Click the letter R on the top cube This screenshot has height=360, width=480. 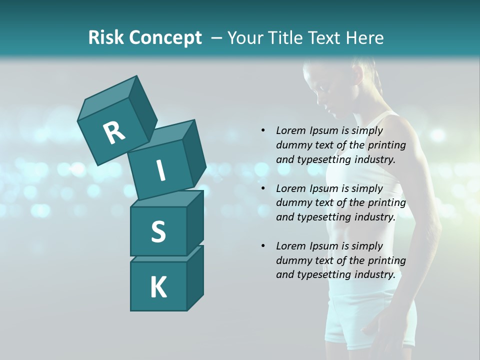coord(114,132)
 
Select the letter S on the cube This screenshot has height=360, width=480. coord(158,232)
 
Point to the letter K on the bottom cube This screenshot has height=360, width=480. coord(158,287)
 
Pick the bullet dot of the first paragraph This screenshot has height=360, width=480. coord(262,131)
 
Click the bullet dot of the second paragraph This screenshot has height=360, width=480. coord(262,189)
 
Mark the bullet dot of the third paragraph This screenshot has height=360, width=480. coord(262,246)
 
